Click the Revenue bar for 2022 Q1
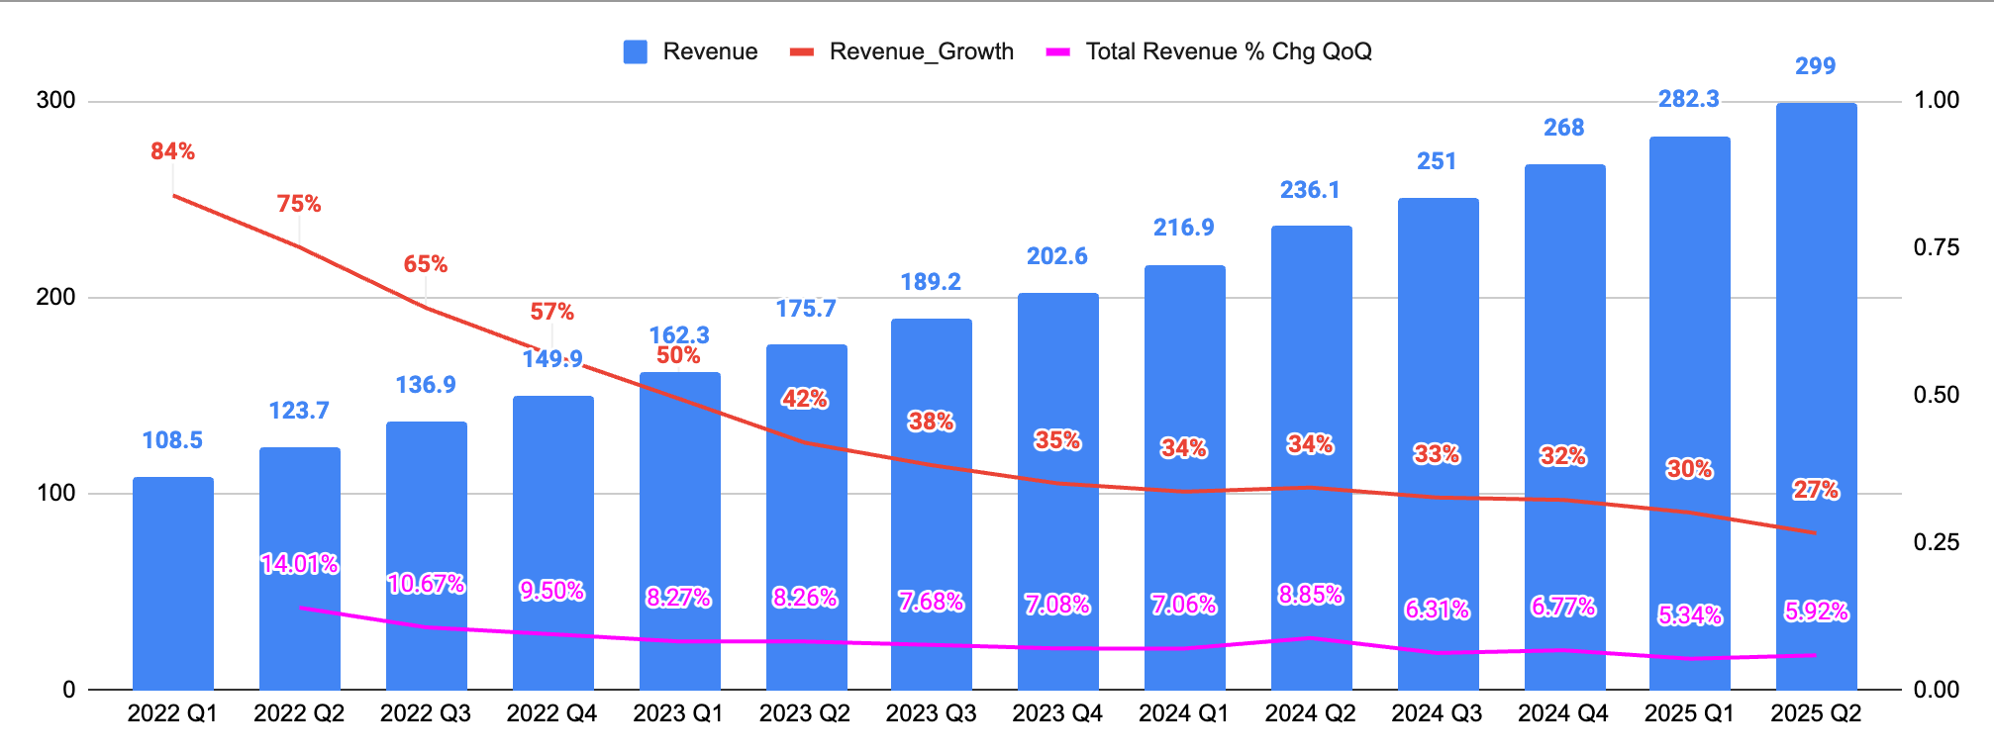coord(173,584)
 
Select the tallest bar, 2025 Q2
coord(1816,396)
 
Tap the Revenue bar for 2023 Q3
coord(932,505)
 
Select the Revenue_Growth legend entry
coord(902,51)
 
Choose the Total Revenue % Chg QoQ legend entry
coord(1209,51)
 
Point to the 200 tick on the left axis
coord(55,297)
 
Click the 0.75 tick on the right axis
coord(1936,247)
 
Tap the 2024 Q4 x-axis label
coord(1563,713)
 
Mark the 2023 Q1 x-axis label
coord(678,713)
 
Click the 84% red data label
coord(172,151)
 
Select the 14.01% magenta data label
coord(299,564)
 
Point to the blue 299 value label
coord(1815,66)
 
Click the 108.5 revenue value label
coord(172,440)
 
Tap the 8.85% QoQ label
coord(1310,595)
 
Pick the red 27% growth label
coord(1815,490)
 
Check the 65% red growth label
coord(425,264)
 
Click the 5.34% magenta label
coord(1689,615)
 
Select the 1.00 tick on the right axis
coord(1936,100)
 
